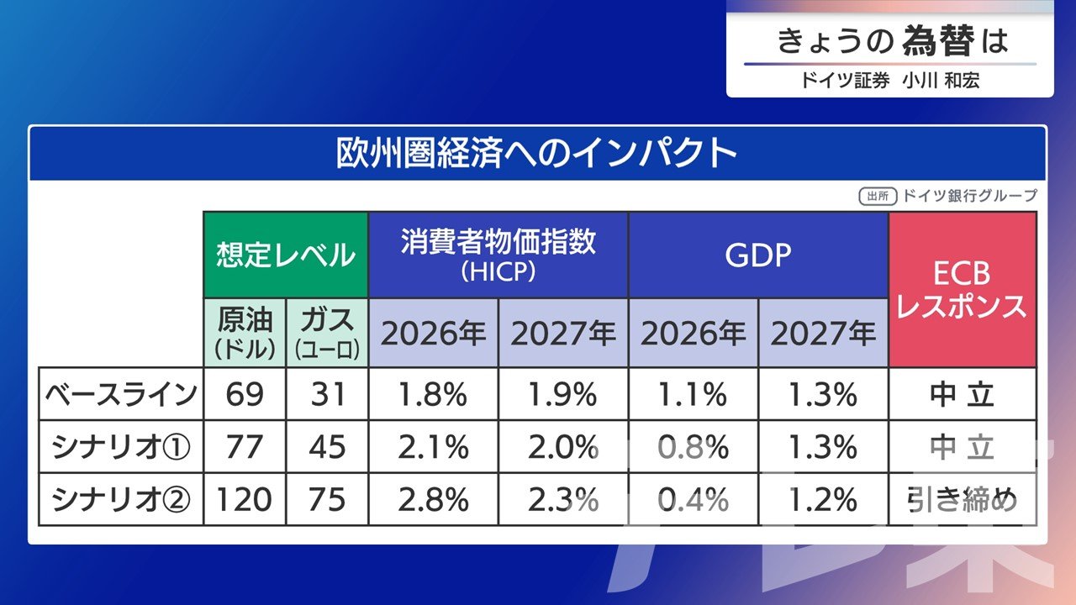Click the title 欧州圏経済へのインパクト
tap(537, 154)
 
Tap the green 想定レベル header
tap(286, 254)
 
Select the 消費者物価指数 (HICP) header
tap(498, 254)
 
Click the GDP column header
tap(758, 254)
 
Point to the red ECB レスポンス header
tap(962, 290)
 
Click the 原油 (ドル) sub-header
tap(245, 333)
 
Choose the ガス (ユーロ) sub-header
tap(327, 333)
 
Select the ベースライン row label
tap(120, 394)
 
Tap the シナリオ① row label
tap(120, 448)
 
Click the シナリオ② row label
tap(120, 501)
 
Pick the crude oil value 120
tap(245, 501)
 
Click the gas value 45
tap(327, 448)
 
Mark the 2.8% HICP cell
tap(433, 501)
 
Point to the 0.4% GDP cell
tap(694, 501)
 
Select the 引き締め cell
tap(962, 501)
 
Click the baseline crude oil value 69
tap(245, 394)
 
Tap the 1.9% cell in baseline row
tap(563, 394)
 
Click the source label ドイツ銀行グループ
tap(969, 196)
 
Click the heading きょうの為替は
tap(891, 41)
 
